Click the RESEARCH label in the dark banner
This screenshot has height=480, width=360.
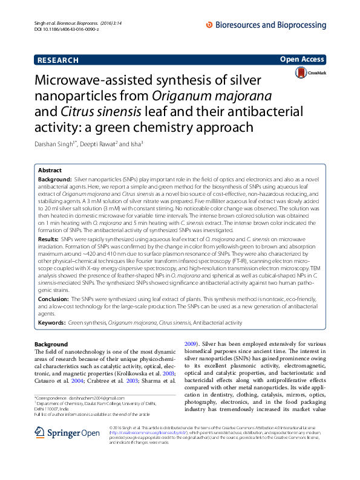(x=58, y=60)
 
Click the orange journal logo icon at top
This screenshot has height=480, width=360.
(x=209, y=25)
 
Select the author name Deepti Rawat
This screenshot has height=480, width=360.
(x=99, y=144)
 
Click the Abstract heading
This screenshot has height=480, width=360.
(x=50, y=171)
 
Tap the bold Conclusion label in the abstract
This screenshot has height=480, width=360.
(x=53, y=299)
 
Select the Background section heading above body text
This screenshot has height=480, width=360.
(x=51, y=344)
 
